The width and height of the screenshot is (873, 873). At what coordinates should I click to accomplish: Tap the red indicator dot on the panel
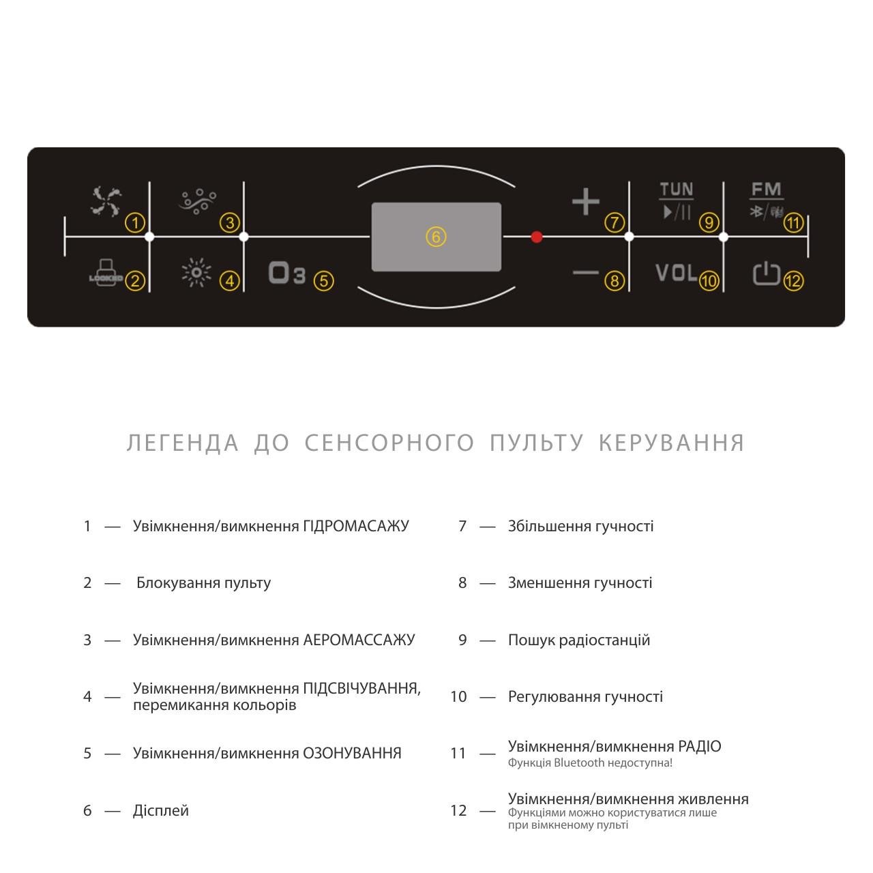pyautogui.click(x=537, y=237)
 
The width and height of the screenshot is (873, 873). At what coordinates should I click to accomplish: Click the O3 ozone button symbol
pyautogui.click(x=286, y=273)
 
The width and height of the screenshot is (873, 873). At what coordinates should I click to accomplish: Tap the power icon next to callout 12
pyautogui.click(x=766, y=273)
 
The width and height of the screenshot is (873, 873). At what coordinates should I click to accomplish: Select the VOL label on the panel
pyautogui.click(x=676, y=273)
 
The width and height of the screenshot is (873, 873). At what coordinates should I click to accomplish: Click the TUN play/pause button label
pyautogui.click(x=676, y=201)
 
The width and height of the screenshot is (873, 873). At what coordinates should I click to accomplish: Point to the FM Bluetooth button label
pyautogui.click(x=767, y=200)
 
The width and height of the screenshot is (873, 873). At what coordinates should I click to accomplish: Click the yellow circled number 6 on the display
pyautogui.click(x=436, y=237)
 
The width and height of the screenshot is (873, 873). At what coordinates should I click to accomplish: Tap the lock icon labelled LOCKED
pyautogui.click(x=106, y=272)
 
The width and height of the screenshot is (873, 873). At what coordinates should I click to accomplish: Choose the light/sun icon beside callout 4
pyautogui.click(x=196, y=273)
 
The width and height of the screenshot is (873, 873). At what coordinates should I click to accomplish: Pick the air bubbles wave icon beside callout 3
pyautogui.click(x=198, y=201)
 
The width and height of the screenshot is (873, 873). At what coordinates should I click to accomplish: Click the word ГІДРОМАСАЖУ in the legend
pyautogui.click(x=356, y=526)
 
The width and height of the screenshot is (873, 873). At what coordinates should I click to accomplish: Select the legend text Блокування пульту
pyautogui.click(x=203, y=583)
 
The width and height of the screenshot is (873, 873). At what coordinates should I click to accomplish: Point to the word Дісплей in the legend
pyautogui.click(x=161, y=810)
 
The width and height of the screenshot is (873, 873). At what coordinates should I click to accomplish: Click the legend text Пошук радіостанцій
pyautogui.click(x=579, y=640)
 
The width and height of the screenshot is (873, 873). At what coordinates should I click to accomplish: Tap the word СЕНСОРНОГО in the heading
pyautogui.click(x=389, y=443)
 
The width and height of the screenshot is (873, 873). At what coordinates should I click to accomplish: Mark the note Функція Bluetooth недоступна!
pyautogui.click(x=590, y=763)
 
